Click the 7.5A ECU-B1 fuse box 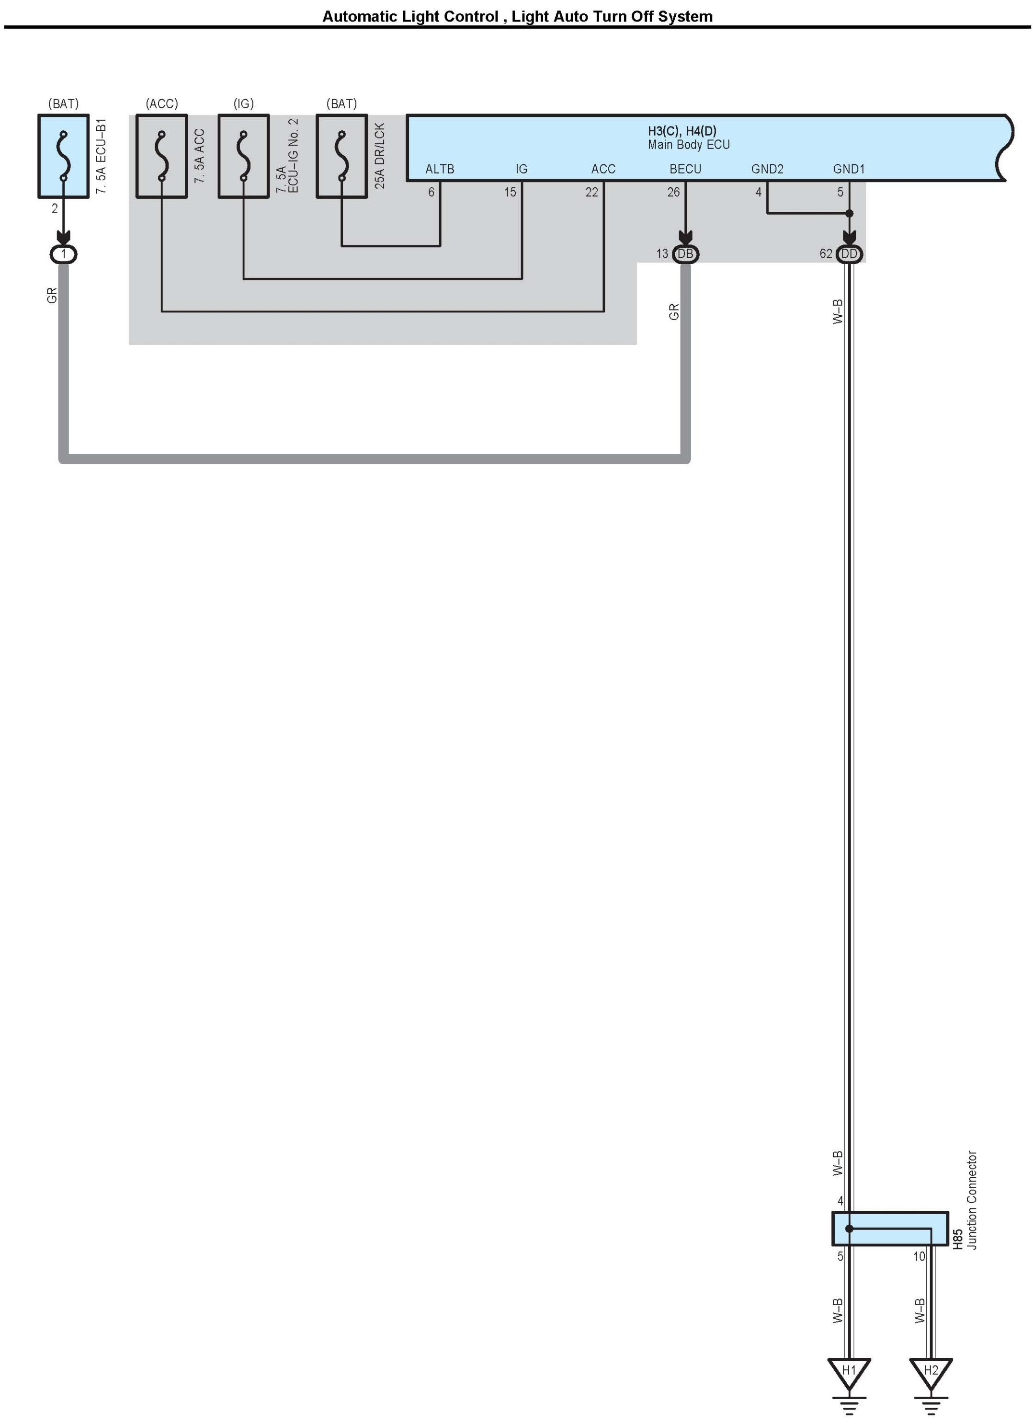pos(63,156)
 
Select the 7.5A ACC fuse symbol pos(162,156)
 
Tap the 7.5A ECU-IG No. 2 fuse pos(243,156)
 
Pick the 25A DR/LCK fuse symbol pos(342,156)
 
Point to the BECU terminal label pos(685,169)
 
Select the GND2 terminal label pos(767,169)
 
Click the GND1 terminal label pos(849,169)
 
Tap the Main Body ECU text pos(689,145)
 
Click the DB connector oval pos(685,253)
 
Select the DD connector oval pos(849,253)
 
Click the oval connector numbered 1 pos(63,253)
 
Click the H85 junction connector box pos(890,1229)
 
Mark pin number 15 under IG pos(510,192)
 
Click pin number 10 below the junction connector pos(919,1256)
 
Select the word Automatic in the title pos(360,16)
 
